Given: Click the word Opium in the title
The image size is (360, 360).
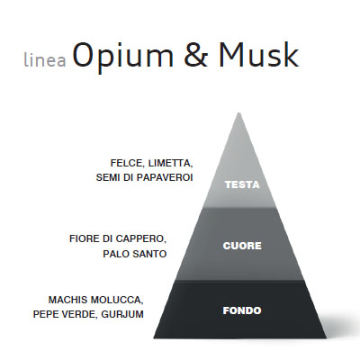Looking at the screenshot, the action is click(x=123, y=56).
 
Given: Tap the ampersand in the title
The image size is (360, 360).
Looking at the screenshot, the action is click(x=195, y=54).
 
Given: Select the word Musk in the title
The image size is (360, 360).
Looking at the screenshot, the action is click(x=259, y=54).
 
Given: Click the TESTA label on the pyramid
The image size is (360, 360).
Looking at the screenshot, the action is click(x=242, y=184).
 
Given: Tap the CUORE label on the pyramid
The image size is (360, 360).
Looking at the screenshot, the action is click(x=242, y=246).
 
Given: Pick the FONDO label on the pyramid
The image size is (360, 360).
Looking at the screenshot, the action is click(x=242, y=310).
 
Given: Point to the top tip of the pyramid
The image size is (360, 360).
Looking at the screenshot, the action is click(x=239, y=112).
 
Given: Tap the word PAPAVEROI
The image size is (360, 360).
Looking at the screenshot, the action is click(x=165, y=177).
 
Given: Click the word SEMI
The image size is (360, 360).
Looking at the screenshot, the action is click(x=107, y=177).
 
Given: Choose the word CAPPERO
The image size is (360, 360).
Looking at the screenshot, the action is click(x=141, y=239).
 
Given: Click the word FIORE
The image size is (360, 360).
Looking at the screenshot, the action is click(x=83, y=238).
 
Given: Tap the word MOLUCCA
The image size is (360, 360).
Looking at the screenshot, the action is click(x=117, y=300).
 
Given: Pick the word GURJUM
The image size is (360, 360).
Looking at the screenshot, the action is click(x=122, y=314).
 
